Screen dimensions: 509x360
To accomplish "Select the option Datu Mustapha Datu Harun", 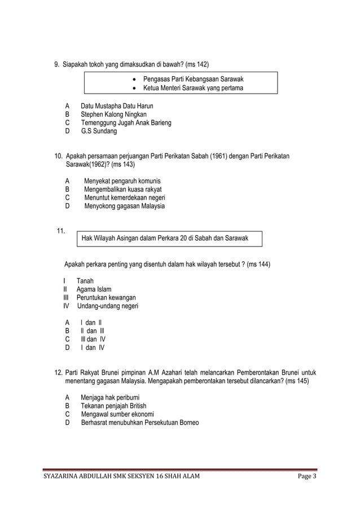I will coord(116,106).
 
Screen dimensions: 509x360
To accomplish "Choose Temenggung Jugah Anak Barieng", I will coord(126,122).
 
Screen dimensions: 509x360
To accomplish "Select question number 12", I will coord(58,372).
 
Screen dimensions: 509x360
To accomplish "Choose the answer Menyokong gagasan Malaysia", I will coord(124,206).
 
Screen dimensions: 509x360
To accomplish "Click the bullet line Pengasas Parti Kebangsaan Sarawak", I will coord(197,78).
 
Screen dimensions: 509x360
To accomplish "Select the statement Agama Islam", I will coord(94,289).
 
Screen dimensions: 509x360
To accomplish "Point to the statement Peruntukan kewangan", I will coord(106,297).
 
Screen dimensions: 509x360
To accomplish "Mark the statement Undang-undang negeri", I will coord(107,306).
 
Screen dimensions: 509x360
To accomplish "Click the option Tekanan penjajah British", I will coord(113,406).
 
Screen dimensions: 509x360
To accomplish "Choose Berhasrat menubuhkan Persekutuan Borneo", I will coord(139,423).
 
